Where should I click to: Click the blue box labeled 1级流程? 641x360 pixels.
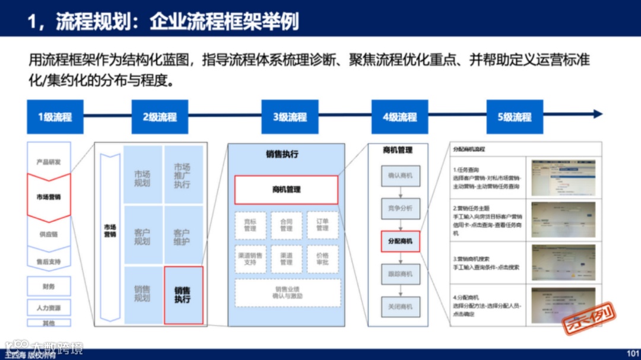[55, 117]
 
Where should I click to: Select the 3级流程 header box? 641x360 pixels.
[290, 117]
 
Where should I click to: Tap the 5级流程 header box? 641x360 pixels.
[514, 117]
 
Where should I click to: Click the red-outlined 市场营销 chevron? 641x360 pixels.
[49, 197]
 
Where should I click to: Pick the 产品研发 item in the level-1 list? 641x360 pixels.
[49, 161]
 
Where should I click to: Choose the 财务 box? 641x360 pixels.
[49, 286]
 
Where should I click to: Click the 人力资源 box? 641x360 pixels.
[49, 308]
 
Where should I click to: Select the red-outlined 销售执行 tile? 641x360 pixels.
[183, 295]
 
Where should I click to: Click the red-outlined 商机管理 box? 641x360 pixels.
[286, 190]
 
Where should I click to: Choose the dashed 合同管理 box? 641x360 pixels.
[286, 225]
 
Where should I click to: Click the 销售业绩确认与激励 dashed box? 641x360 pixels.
[287, 292]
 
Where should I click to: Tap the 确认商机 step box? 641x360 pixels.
[401, 176]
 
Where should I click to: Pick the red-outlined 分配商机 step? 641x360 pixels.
[401, 241]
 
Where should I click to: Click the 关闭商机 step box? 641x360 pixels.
[401, 307]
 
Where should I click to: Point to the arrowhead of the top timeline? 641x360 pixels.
[598, 114]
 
